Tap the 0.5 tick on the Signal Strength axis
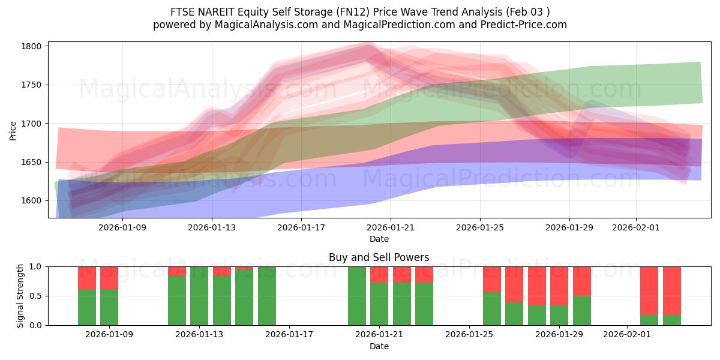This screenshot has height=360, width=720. tap(36, 296)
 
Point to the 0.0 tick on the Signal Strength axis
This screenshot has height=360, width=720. tap(36, 325)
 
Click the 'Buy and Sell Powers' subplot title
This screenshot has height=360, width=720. tap(379, 257)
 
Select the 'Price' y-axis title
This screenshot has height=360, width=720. tap(13, 130)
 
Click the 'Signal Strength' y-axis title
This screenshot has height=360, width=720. tap(20, 296)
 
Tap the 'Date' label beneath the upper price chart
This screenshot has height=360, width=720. tap(379, 239)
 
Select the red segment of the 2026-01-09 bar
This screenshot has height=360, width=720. tap(109, 277)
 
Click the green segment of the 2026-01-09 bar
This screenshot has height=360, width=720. tap(109, 307)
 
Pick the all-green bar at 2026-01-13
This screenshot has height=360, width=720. tap(199, 296)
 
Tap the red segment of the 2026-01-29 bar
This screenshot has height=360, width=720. tap(559, 286)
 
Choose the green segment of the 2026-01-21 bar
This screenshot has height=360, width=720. tap(379, 304)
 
